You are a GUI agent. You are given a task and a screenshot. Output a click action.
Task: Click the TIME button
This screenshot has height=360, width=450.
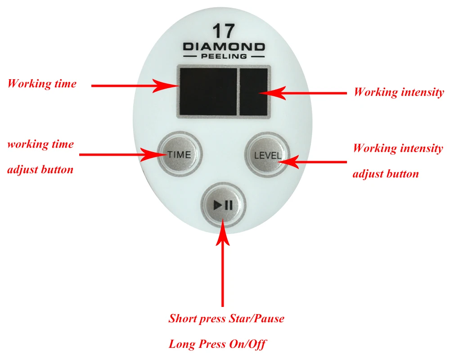point(179,154)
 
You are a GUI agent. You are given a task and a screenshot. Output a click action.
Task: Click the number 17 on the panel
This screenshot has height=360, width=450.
point(224,32)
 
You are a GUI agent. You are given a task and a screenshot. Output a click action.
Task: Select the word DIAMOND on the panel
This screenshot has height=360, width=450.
point(224,46)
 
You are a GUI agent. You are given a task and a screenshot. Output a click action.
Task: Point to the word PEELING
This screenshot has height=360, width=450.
point(224,56)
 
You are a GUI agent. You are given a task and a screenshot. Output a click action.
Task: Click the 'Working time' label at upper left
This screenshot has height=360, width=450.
point(42,84)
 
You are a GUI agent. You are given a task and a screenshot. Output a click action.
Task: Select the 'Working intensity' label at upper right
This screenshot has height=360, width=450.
point(398,92)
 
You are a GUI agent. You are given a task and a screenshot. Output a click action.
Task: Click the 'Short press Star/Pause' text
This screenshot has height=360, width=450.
point(226,319)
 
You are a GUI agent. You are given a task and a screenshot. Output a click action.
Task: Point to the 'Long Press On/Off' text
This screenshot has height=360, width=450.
point(217,345)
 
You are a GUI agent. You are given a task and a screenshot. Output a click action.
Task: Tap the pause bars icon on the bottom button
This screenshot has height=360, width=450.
point(229,206)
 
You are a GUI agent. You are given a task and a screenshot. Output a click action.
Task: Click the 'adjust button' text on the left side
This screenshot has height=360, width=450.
point(40,170)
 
